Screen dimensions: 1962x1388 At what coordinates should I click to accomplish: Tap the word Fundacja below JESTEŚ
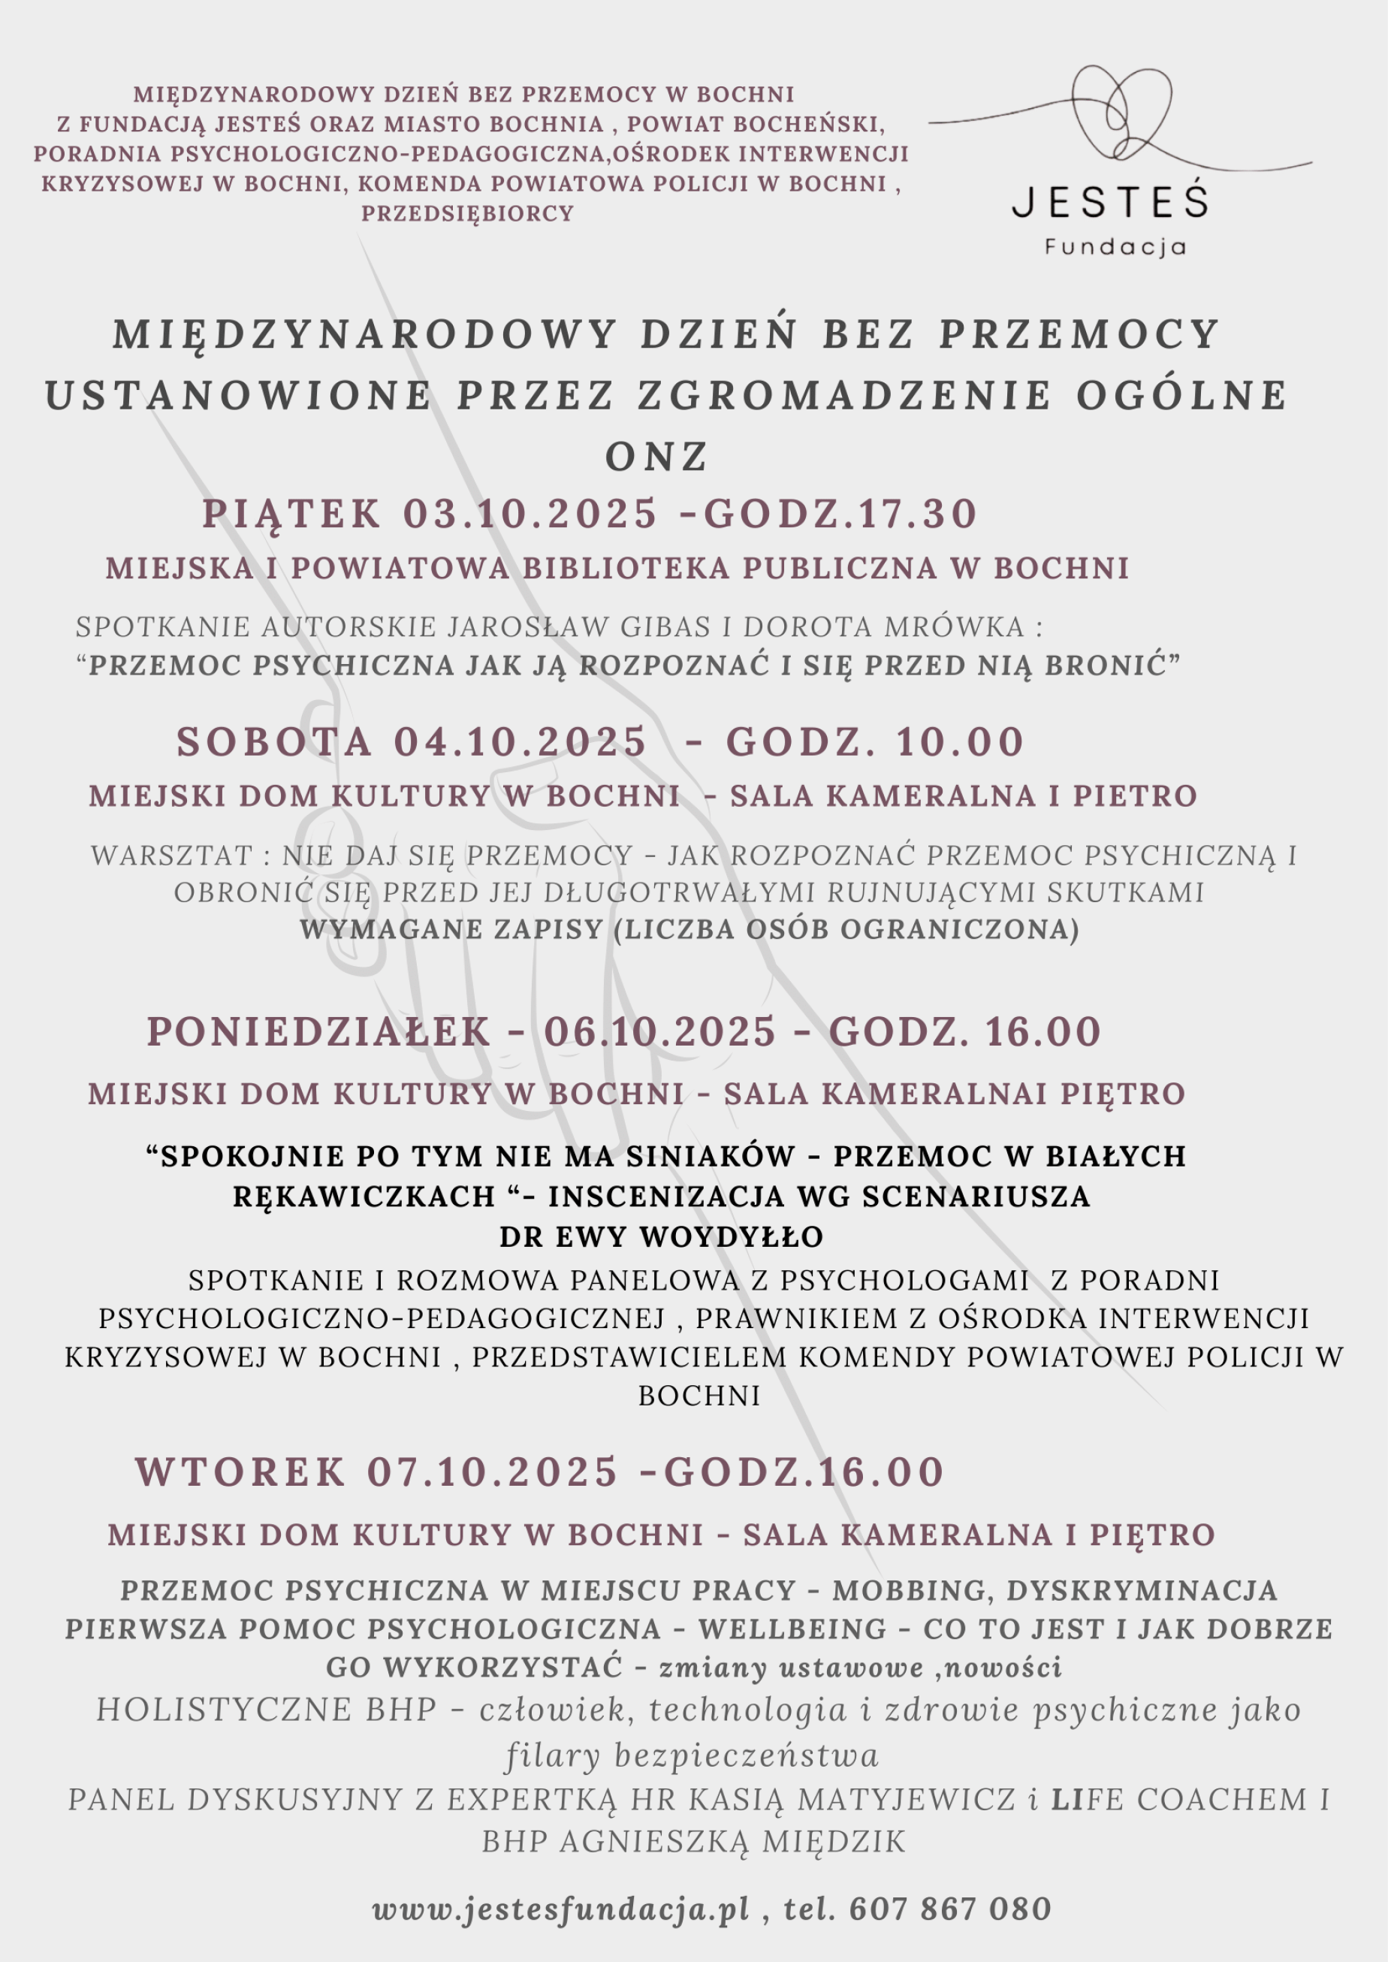click(x=1115, y=248)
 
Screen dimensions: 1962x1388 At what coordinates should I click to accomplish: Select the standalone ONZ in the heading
click(x=656, y=457)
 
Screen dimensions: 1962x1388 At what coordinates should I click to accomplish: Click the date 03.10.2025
click(x=530, y=514)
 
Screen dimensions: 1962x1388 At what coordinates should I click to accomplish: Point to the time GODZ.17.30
click(x=840, y=514)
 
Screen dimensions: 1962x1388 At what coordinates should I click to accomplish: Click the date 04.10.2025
click(x=520, y=741)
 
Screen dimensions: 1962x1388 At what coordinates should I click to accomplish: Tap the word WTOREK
click(x=240, y=1471)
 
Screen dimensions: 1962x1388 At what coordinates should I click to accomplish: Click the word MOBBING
click(x=911, y=1590)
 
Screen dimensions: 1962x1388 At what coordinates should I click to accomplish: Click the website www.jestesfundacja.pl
click(x=560, y=1908)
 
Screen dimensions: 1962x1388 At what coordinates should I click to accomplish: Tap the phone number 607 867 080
click(x=949, y=1908)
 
